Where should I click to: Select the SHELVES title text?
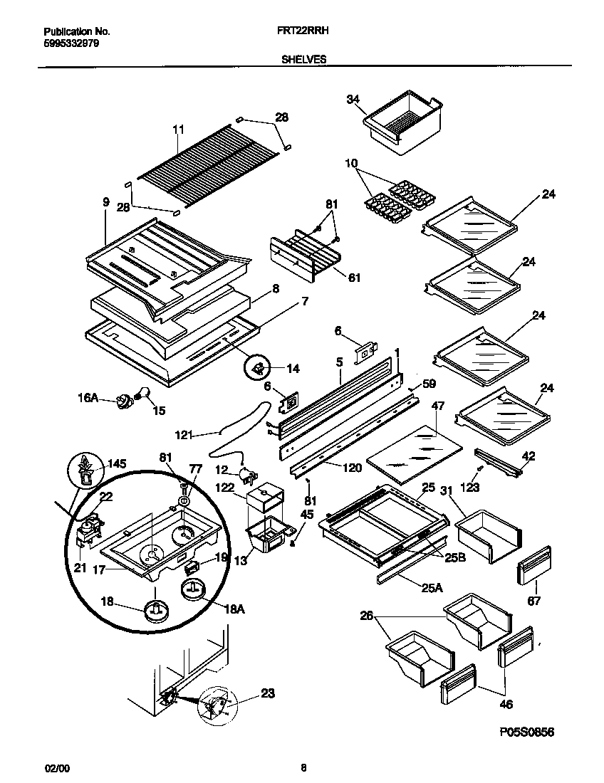pos(305,61)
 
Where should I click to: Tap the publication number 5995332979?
pos(71,43)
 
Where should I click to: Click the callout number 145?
pos(117,464)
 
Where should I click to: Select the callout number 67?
pos(534,601)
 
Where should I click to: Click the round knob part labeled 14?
pos(257,368)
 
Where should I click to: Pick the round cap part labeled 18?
pos(156,611)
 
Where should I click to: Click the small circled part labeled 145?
pos(86,471)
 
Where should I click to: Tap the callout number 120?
pos(353,468)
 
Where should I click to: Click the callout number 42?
pos(528,456)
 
